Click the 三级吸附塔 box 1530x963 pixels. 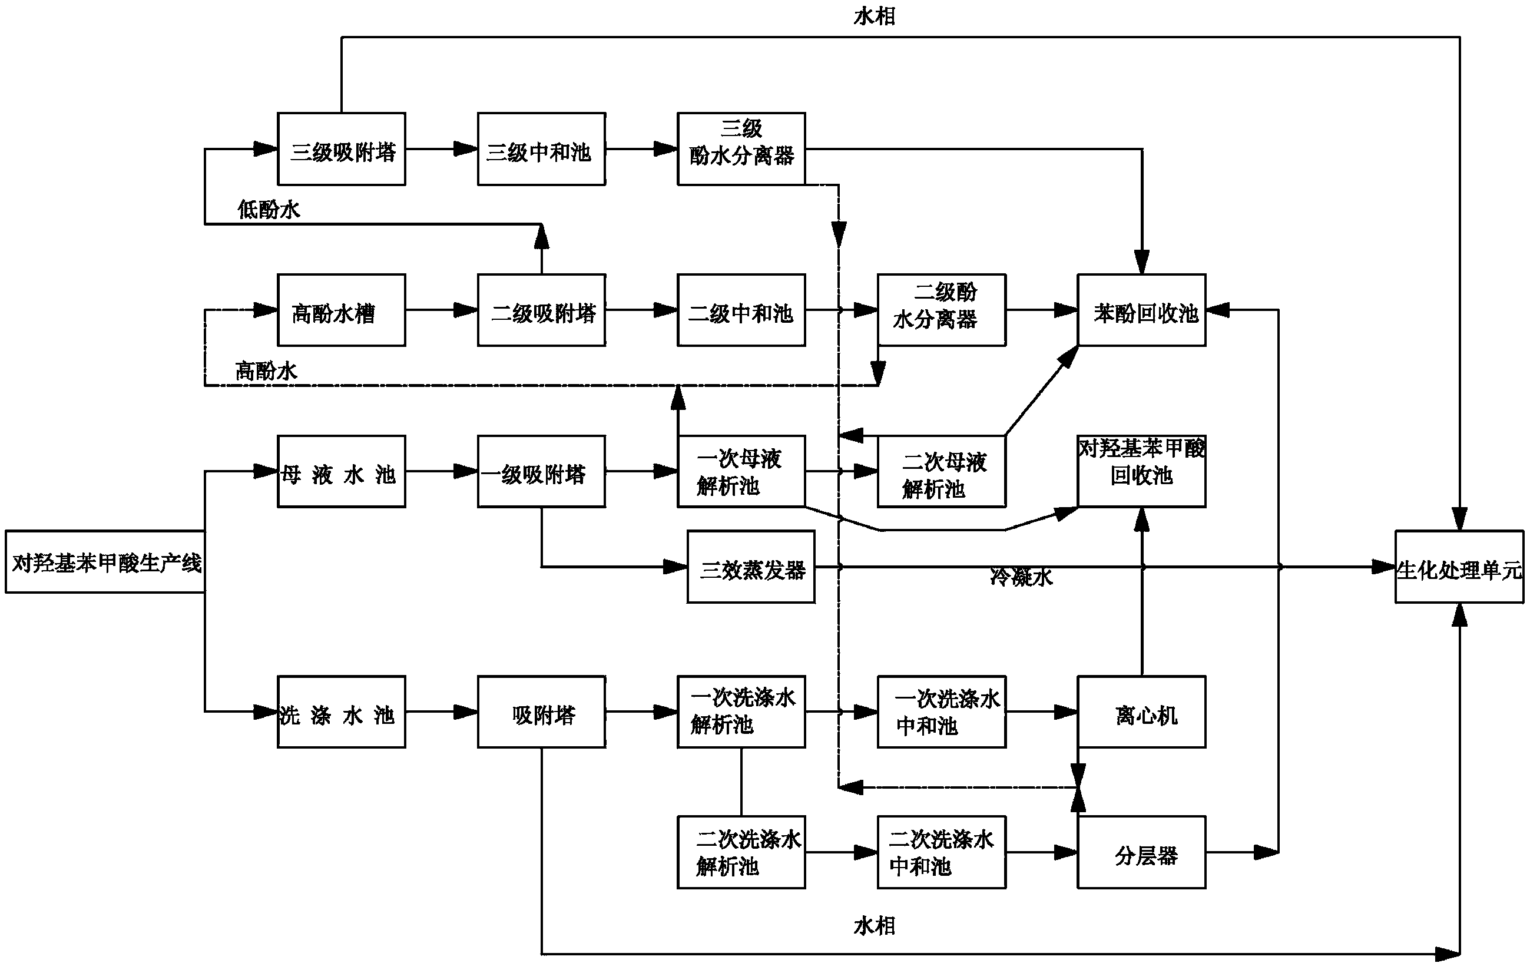click(341, 150)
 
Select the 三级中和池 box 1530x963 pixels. click(541, 150)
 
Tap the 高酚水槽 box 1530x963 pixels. click(341, 310)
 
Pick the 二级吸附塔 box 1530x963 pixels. click(541, 310)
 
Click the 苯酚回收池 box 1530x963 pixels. click(1141, 310)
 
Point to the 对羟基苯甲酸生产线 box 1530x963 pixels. click(105, 562)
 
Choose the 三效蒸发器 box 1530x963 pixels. click(750, 567)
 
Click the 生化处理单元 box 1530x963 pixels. click(1459, 567)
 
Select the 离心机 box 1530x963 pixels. click(1141, 712)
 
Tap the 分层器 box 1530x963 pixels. click(1141, 852)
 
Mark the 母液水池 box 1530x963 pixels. click(341, 472)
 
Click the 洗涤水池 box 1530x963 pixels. click(341, 712)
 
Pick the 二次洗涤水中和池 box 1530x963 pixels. click(941, 852)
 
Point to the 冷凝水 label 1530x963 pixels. click(1021, 577)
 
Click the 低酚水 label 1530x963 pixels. click(268, 209)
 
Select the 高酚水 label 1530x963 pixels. click(266, 370)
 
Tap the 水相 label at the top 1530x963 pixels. click(875, 16)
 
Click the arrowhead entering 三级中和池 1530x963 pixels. click(466, 150)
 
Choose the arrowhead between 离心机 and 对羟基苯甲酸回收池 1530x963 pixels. click(1142, 520)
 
